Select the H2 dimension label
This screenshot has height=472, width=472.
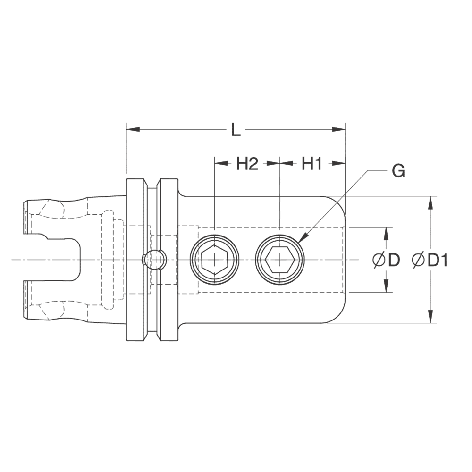click(x=247, y=164)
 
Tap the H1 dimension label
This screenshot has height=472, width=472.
click(x=312, y=164)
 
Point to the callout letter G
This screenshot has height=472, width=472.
click(x=398, y=171)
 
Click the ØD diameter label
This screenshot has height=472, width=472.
click(x=386, y=260)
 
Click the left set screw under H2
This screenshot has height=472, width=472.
click(x=215, y=260)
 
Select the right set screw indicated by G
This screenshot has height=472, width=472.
click(x=280, y=260)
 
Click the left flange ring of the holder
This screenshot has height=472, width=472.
click(x=136, y=260)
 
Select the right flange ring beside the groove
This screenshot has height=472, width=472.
click(x=169, y=260)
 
